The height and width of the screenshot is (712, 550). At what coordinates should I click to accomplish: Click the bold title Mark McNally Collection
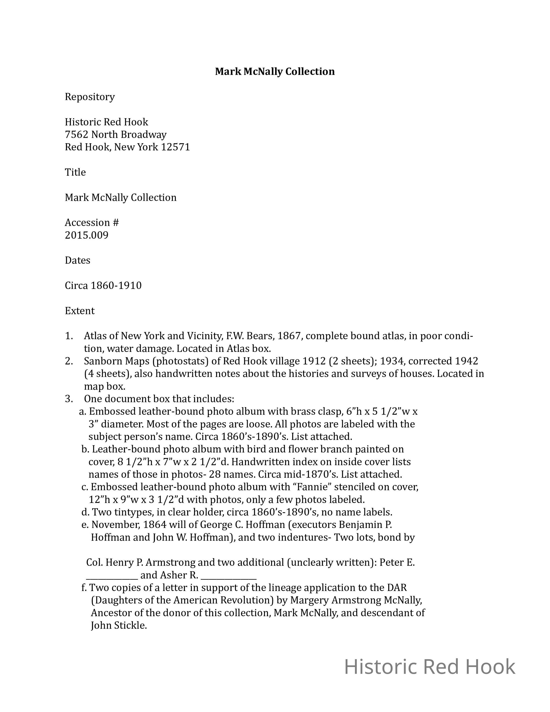275,71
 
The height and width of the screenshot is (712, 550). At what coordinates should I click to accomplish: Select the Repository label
90,97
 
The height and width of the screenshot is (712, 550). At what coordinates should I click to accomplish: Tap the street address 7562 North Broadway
116,134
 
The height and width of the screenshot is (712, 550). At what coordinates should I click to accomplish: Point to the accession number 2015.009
87,235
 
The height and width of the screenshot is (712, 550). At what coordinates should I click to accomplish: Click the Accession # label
92,223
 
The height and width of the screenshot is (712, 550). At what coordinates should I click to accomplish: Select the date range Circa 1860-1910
103,286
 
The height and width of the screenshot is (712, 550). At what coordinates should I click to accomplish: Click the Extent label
80,311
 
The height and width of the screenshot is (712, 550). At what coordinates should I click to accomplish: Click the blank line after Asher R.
229,575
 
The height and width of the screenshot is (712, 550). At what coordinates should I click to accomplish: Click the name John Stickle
119,625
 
